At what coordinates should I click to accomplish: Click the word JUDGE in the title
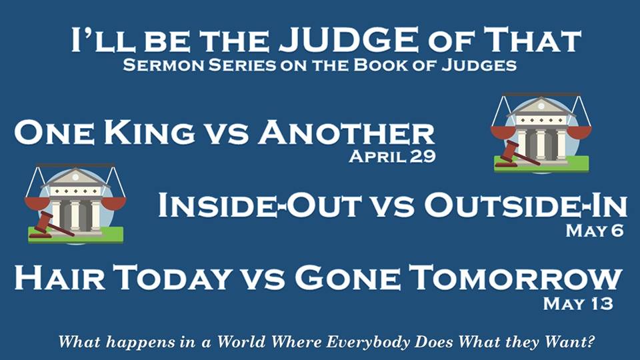[x=349, y=39]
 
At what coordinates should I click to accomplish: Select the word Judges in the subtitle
[x=479, y=65]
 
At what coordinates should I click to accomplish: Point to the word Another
[x=346, y=133]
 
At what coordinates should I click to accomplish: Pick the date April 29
[x=392, y=156]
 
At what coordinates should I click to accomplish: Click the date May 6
[x=595, y=231]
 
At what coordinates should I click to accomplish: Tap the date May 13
[x=578, y=304]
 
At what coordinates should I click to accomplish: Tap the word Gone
[x=348, y=277]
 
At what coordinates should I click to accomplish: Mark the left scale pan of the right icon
[x=503, y=132]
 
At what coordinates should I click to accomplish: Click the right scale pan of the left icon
[x=113, y=203]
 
